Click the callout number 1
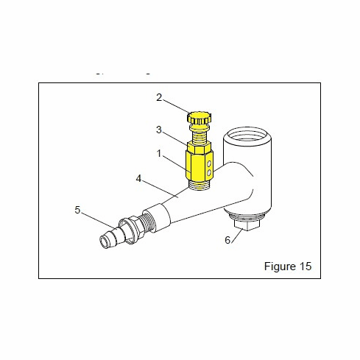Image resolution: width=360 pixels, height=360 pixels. tap(159, 155)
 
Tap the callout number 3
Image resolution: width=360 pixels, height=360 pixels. tap(159, 130)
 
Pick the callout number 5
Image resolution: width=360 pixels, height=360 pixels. tap(77, 210)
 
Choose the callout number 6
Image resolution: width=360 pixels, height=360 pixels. tap(227, 240)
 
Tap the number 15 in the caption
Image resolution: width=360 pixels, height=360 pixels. tap(305, 267)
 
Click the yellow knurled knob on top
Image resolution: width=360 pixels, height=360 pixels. tap(199, 118)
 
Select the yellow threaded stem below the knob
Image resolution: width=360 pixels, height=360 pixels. tap(197, 134)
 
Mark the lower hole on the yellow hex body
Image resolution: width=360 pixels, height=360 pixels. tap(209, 172)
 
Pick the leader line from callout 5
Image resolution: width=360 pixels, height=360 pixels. tap(99, 218)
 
